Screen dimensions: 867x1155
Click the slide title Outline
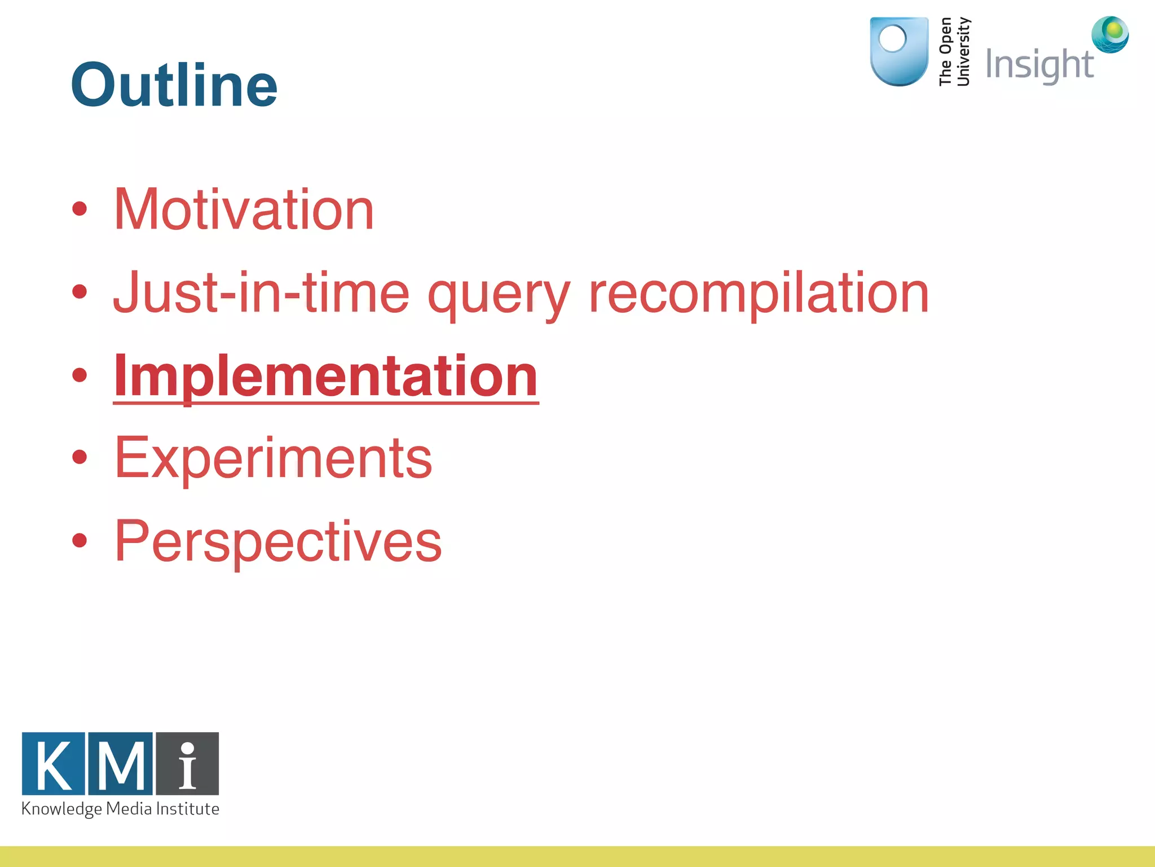(174, 85)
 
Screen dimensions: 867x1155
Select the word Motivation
(244, 209)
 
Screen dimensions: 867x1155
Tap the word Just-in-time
(261, 293)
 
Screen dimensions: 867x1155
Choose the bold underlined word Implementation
(325, 376)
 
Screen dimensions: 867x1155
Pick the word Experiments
(273, 458)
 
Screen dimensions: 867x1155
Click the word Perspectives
(278, 542)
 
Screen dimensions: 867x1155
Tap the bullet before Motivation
(80, 209)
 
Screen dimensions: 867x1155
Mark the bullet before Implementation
(80, 375)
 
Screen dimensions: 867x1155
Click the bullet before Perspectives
(80, 541)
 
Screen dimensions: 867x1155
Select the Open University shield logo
(898, 51)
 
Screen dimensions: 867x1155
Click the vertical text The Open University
(954, 51)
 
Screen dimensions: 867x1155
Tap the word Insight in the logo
(1039, 64)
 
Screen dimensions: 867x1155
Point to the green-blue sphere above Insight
(1110, 34)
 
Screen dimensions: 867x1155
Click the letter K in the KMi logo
(54, 764)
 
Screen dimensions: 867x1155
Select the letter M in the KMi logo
(120, 764)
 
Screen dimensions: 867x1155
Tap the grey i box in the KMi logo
(187, 764)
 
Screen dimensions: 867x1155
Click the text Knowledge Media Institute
(120, 809)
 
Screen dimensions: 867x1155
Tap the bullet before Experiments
(80, 457)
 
